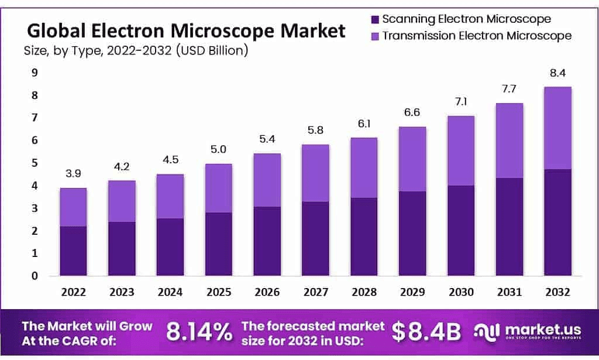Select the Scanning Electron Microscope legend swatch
pos(375,19)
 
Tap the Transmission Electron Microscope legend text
pos(477,36)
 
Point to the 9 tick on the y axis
pos(35,73)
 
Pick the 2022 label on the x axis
pos(73,292)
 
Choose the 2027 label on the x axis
pos(315,292)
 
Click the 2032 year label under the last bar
pos(557,292)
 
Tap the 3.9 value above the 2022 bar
pos(73,174)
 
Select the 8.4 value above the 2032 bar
pos(557,73)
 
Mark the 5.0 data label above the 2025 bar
pos(218,150)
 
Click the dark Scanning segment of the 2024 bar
pos(170,246)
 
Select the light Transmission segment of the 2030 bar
pos(461,150)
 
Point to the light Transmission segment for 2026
pos(267,180)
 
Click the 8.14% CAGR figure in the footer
pos(199,332)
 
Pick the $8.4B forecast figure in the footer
pos(426,332)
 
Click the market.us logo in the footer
pos(530,332)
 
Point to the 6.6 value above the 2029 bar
pos(412,112)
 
